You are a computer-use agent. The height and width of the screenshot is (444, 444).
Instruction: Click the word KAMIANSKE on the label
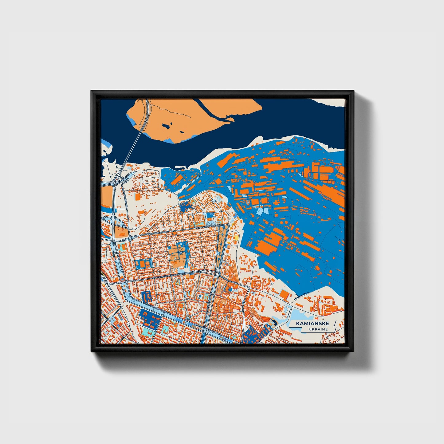click(312, 324)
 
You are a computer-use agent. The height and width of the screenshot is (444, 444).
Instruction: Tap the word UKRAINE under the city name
click(319, 329)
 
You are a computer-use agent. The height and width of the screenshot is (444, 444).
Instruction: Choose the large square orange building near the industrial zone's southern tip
click(285, 294)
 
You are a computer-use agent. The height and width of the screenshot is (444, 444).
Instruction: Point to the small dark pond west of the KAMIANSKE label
click(274, 323)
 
